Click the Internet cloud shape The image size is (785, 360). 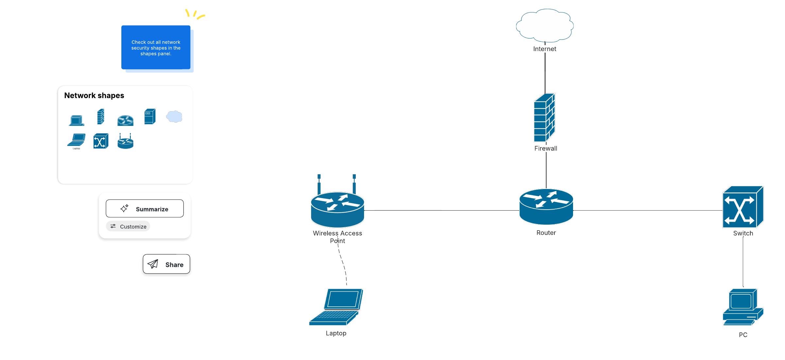click(545, 26)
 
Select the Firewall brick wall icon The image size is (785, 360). click(544, 118)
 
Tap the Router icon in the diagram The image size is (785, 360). click(546, 207)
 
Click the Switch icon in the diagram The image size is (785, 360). click(742, 207)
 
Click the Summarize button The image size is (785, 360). click(145, 209)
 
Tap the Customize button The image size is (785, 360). click(128, 226)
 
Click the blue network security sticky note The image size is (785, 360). click(156, 47)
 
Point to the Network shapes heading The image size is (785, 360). click(94, 95)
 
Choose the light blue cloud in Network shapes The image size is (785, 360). click(174, 116)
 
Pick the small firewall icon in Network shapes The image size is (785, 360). click(101, 117)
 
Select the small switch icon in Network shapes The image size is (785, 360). click(101, 141)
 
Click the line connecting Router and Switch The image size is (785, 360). click(648, 210)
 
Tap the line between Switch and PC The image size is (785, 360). click(743, 262)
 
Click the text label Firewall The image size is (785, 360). click(546, 148)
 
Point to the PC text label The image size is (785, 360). click(743, 335)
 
